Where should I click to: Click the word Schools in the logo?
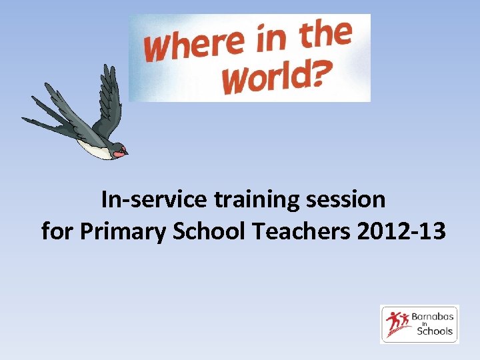click(x=435, y=331)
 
